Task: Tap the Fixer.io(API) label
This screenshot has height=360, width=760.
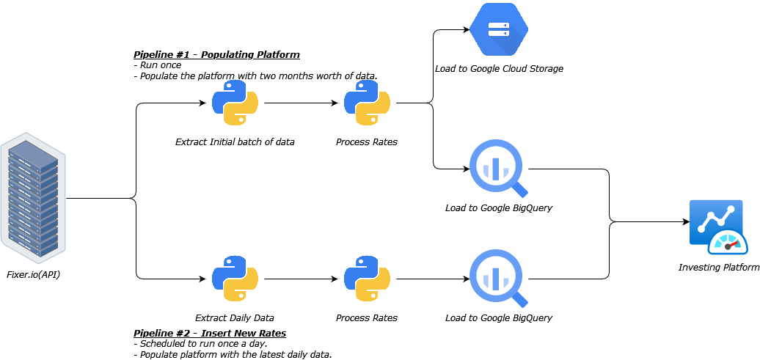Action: tap(32, 274)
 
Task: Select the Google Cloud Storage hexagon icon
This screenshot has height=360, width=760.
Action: tap(499, 29)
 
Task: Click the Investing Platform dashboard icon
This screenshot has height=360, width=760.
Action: tap(718, 227)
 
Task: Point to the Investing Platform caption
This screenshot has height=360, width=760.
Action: tap(718, 267)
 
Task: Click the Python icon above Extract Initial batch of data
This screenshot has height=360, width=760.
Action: tap(235, 103)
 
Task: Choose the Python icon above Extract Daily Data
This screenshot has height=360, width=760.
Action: tap(235, 279)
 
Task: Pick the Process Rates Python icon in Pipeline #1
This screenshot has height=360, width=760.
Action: tap(367, 103)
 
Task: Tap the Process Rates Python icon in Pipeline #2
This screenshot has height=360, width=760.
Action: tap(367, 279)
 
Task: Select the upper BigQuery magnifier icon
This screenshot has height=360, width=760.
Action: tap(498, 168)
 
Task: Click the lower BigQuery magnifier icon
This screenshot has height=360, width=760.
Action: tap(498, 278)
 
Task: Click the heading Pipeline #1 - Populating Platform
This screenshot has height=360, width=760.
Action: tap(216, 55)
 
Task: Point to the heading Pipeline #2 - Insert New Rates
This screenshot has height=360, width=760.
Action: tap(210, 334)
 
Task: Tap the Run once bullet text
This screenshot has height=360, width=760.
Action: tap(159, 65)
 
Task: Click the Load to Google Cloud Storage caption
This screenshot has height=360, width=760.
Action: tap(499, 68)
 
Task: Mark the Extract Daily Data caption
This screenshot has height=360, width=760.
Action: tap(235, 318)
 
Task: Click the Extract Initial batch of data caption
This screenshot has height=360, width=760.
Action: tap(235, 142)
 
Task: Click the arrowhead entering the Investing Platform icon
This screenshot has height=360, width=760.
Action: tap(685, 221)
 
